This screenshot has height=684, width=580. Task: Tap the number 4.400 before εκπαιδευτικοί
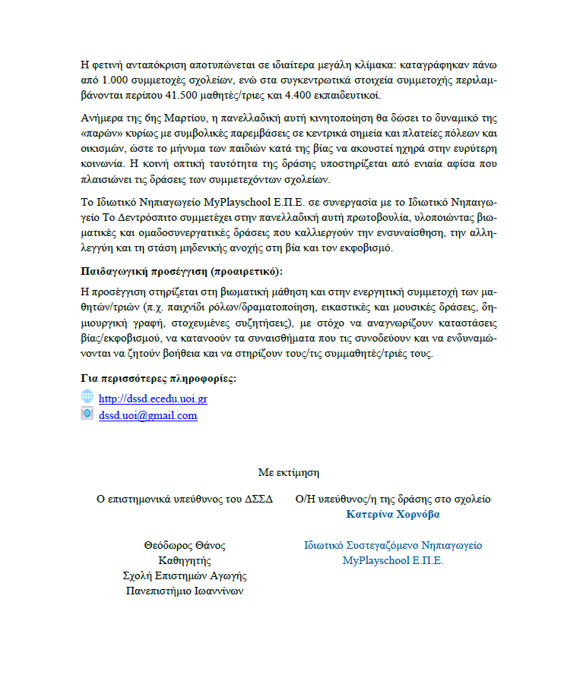[311, 95]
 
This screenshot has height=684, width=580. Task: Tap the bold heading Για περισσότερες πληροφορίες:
[157, 378]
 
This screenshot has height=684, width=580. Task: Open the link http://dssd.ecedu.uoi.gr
[153, 399]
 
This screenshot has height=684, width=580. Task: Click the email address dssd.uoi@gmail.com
[147, 415]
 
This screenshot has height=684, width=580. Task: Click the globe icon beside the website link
[87, 397]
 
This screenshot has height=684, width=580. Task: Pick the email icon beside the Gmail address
[87, 414]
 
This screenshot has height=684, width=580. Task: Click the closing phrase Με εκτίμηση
[288, 471]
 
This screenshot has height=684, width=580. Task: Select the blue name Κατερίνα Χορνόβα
[392, 514]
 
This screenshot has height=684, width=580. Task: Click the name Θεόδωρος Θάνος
[185, 545]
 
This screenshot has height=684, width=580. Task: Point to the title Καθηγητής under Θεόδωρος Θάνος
[185, 560]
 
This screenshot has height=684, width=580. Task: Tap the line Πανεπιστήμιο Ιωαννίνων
[185, 591]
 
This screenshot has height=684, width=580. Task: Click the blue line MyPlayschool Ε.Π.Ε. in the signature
[392, 561]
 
